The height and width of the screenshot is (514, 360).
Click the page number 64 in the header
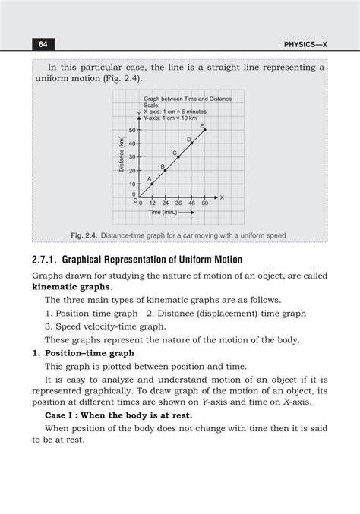(39, 45)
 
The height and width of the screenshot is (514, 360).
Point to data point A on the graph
(152, 184)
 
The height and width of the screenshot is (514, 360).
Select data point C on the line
(178, 156)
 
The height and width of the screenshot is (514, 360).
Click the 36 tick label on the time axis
(178, 203)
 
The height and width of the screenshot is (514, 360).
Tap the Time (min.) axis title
(170, 213)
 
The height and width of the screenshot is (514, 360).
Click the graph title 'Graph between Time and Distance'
(187, 99)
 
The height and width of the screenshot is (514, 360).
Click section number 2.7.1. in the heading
(47, 260)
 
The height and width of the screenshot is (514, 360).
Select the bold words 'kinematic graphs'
(71, 288)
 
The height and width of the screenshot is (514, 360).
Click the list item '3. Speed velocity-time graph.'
(105, 326)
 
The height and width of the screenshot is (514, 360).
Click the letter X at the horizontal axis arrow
(222, 197)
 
